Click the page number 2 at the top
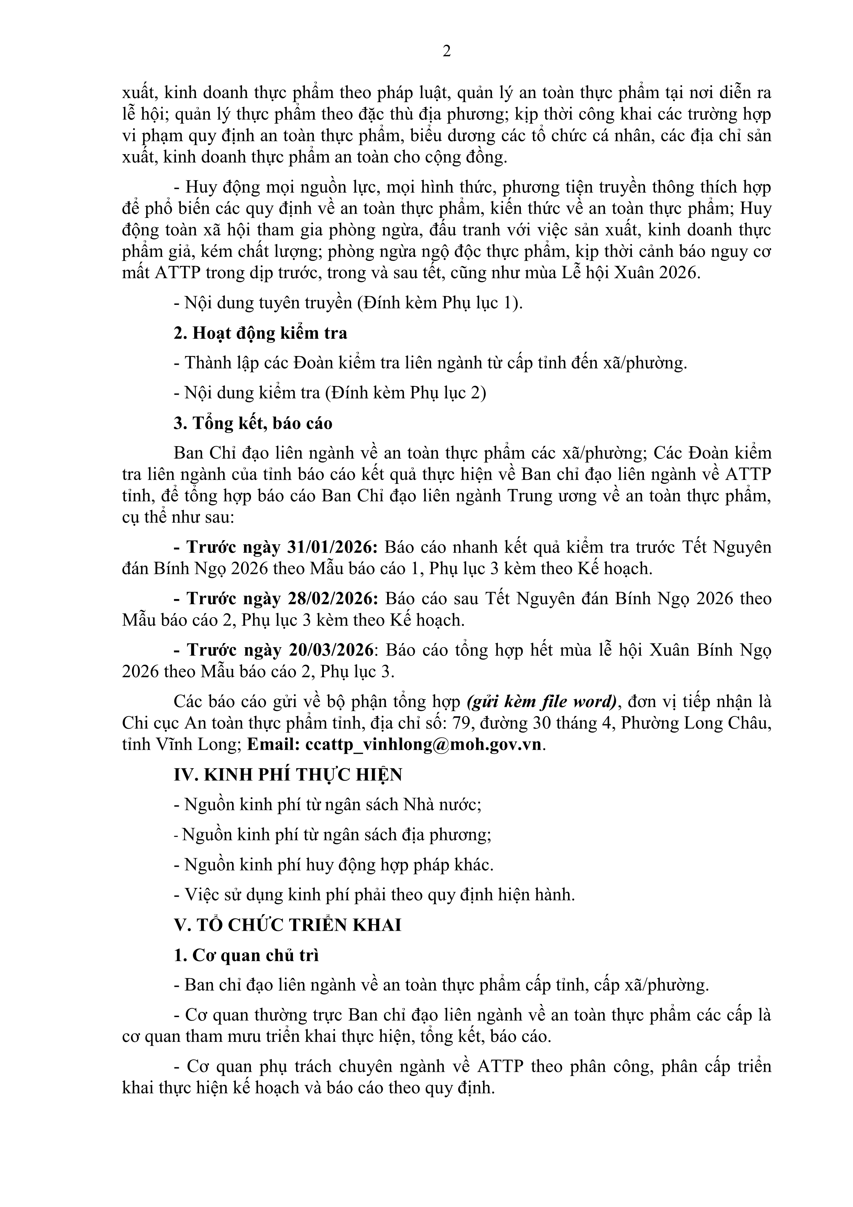click(x=447, y=52)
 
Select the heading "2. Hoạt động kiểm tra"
click(x=261, y=333)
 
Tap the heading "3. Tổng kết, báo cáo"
click(x=253, y=423)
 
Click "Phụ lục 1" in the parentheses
click(x=472, y=303)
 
